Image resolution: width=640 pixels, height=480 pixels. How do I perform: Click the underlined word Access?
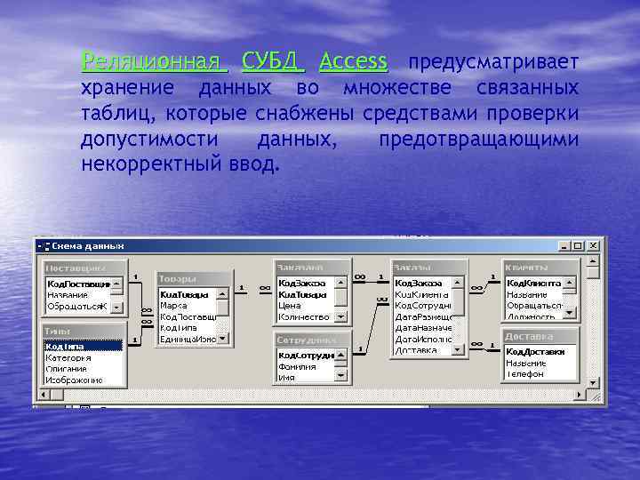pyautogui.click(x=354, y=62)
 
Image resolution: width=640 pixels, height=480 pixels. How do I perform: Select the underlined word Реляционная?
pyautogui.click(x=153, y=62)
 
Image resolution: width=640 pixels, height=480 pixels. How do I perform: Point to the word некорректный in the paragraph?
pyautogui.click(x=152, y=164)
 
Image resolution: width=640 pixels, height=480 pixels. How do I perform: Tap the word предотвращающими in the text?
pyautogui.click(x=478, y=140)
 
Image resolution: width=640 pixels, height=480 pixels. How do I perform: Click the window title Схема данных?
pyautogui.click(x=88, y=246)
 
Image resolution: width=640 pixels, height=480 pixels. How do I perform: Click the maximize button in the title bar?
pyautogui.click(x=577, y=246)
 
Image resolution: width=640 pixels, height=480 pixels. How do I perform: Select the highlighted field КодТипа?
pyautogui.click(x=66, y=347)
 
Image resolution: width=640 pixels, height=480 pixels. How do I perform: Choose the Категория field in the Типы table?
pyautogui.click(x=68, y=357)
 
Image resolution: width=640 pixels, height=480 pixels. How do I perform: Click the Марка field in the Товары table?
pyautogui.click(x=174, y=305)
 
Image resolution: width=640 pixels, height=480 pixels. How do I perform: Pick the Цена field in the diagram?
pyautogui.click(x=291, y=305)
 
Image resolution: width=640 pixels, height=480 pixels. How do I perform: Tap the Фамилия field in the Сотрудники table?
pyautogui.click(x=297, y=366)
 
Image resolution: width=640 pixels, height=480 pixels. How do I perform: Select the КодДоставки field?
pyautogui.click(x=535, y=352)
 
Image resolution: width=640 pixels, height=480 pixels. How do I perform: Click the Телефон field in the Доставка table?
pyautogui.click(x=526, y=374)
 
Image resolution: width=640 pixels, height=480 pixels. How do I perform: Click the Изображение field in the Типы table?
pyautogui.click(x=75, y=380)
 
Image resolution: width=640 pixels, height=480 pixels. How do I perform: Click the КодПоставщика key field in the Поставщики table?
pyautogui.click(x=79, y=284)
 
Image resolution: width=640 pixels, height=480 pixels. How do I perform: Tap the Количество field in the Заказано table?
pyautogui.click(x=303, y=316)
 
